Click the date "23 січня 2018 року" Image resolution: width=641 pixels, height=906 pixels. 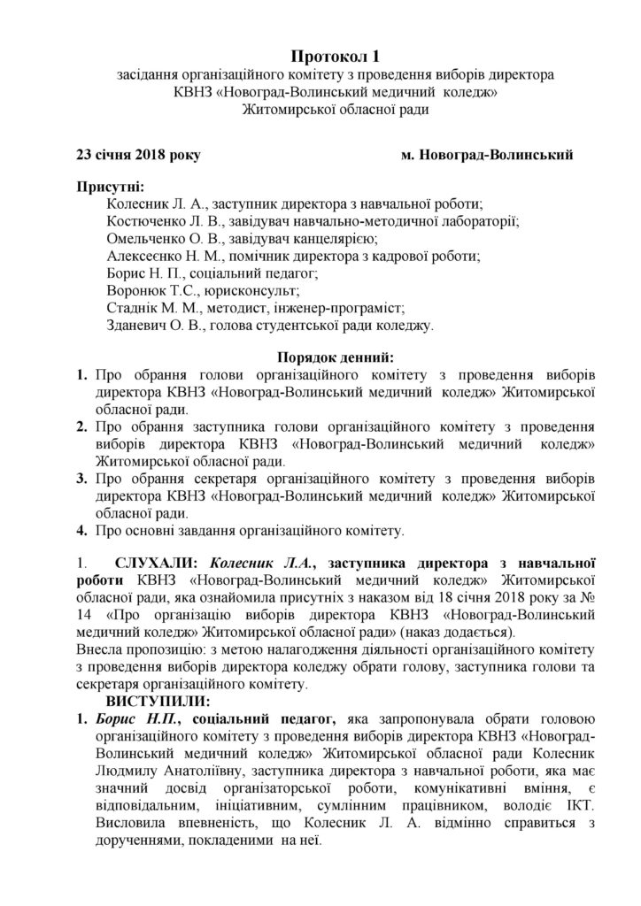[x=138, y=156]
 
